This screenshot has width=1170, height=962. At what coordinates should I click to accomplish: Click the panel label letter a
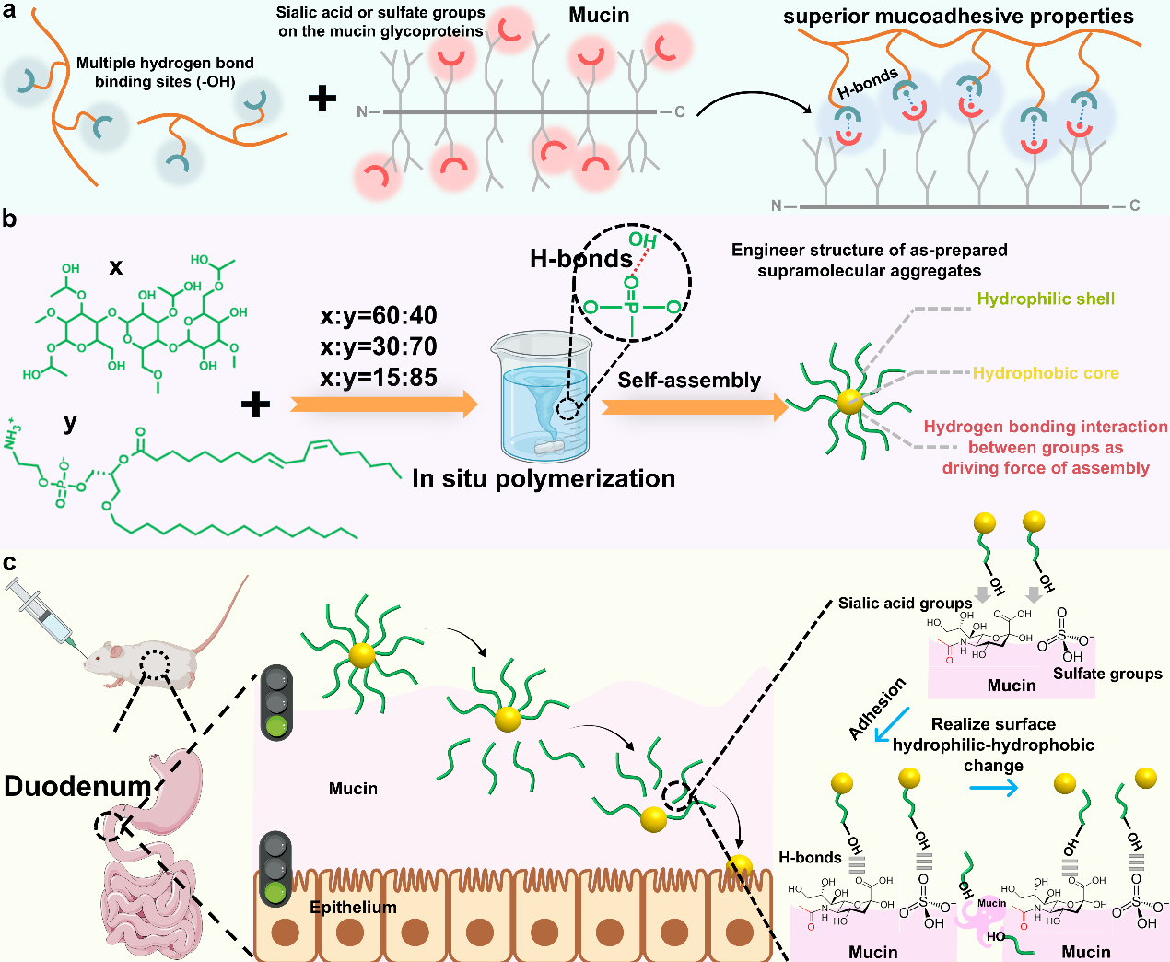click(x=9, y=13)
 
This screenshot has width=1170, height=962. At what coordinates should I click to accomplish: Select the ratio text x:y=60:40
click(x=379, y=316)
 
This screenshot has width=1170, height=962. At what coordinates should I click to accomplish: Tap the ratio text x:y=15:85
click(x=379, y=377)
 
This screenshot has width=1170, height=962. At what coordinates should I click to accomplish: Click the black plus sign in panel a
click(x=322, y=99)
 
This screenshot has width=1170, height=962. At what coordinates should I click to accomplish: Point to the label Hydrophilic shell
click(x=1046, y=299)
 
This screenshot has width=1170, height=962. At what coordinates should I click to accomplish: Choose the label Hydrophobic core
click(x=1046, y=373)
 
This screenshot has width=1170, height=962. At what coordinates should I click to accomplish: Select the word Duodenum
click(x=77, y=786)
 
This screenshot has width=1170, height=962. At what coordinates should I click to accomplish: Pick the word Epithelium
click(x=353, y=908)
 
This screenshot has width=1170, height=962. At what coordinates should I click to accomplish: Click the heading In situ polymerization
click(x=544, y=479)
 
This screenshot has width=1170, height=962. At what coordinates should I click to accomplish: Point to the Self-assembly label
click(x=689, y=381)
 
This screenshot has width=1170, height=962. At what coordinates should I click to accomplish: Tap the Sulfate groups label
click(x=1107, y=674)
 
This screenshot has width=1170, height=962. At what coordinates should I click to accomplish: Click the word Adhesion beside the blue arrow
click(x=877, y=709)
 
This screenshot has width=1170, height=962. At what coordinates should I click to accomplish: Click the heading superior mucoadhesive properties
click(x=958, y=17)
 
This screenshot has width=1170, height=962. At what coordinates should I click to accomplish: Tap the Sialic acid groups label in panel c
click(x=905, y=604)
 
